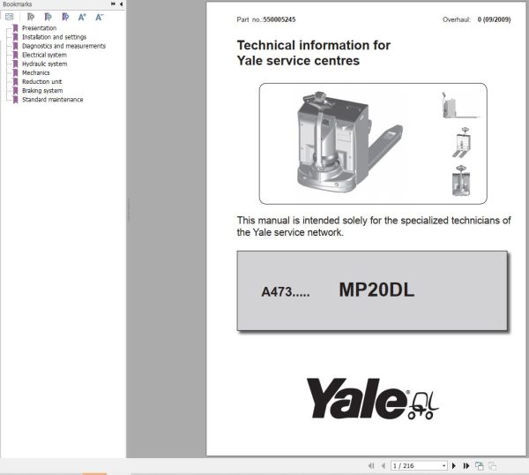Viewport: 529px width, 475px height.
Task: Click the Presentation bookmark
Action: coord(39,28)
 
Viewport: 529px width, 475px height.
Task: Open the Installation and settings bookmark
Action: coord(55,37)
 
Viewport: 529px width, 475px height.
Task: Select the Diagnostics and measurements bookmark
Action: coord(63,46)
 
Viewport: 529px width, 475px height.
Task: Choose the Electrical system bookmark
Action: coord(45,55)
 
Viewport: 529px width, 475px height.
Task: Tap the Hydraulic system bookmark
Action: coord(44,64)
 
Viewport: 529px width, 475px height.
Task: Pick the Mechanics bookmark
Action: coord(36,72)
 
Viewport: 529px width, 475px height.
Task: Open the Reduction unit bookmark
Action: coord(41,81)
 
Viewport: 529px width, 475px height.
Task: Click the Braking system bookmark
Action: coord(42,90)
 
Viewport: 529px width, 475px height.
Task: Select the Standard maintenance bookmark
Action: coord(53,99)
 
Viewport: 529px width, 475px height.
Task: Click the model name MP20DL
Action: coord(376,290)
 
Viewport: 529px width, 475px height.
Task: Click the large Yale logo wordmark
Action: coord(357,398)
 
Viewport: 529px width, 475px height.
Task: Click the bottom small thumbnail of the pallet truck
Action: coord(458,183)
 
